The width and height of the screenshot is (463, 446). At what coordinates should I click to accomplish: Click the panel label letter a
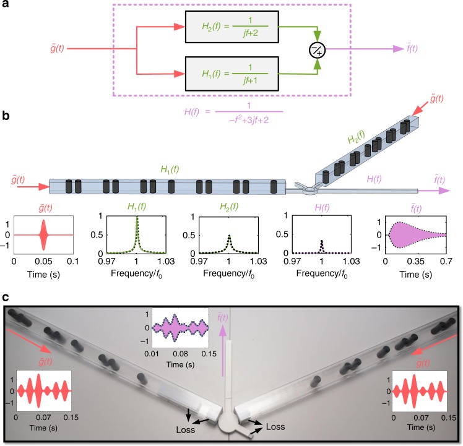[6, 6]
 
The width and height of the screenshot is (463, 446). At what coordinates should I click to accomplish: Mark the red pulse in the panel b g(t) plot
[43, 235]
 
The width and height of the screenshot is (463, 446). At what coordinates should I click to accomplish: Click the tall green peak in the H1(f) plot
[136, 229]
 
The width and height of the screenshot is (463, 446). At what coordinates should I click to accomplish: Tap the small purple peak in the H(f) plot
[321, 247]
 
